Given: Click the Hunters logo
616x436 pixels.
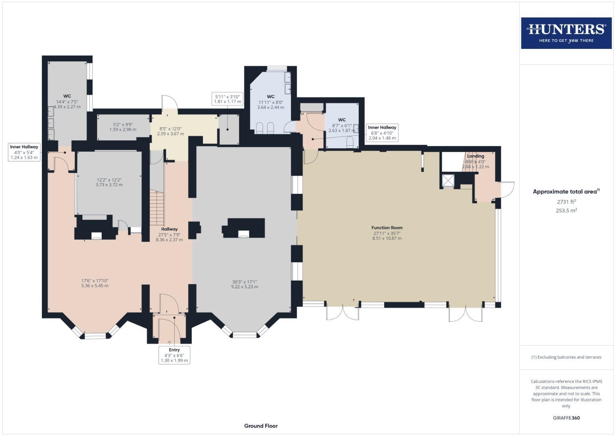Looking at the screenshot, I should (x=566, y=33).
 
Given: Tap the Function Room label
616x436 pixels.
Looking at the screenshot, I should (x=387, y=228).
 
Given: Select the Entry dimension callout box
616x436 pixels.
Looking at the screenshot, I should (x=174, y=355).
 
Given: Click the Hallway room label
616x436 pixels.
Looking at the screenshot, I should (x=169, y=229).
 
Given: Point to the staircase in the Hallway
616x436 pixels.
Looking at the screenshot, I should (x=157, y=208).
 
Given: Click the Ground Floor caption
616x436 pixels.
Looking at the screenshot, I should (x=261, y=426).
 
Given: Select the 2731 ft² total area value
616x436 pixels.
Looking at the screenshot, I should (x=566, y=201).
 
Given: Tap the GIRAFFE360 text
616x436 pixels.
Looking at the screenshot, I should (x=566, y=418).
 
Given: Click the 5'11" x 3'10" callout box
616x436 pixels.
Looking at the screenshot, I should (x=228, y=99).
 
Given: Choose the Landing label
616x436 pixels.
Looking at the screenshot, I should (x=475, y=156).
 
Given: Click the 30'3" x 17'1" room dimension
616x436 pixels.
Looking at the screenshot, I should (x=244, y=284).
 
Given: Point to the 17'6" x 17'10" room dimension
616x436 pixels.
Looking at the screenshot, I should (x=95, y=283).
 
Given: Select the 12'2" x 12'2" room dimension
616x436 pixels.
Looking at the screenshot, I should (x=109, y=182).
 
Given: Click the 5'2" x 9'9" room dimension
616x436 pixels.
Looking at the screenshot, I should (x=123, y=127).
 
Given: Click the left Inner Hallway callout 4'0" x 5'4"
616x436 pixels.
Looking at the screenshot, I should (x=24, y=152).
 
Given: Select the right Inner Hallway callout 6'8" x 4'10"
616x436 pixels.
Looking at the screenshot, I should (x=382, y=133).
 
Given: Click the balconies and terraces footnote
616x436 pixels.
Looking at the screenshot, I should (x=566, y=357).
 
